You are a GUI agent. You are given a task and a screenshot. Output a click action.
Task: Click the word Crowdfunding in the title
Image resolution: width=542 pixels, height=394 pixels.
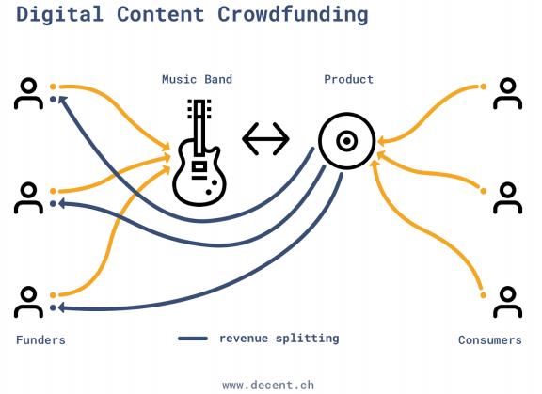[293, 15]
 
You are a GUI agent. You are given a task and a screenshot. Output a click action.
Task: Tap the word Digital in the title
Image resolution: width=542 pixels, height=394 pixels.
[59, 15]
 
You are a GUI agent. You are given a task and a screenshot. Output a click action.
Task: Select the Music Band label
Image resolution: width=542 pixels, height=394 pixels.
[197, 79]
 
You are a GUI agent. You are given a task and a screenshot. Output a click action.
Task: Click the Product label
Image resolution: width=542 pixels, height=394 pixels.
[348, 79]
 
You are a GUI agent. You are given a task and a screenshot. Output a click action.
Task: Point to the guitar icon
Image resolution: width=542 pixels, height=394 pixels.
[199, 152]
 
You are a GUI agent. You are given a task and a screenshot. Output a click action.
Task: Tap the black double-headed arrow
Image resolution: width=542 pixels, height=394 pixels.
[265, 139]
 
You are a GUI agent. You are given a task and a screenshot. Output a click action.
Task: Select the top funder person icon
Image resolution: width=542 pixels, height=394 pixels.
[28, 94]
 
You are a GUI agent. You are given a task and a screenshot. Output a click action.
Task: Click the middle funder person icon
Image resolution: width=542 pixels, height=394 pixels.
[28, 197]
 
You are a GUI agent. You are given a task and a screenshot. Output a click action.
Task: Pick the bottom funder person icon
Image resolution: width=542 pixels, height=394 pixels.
[28, 302]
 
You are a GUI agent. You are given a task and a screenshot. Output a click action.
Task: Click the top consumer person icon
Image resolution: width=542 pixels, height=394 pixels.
[507, 94]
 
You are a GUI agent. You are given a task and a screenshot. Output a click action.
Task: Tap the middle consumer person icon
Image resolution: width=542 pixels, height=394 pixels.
[507, 197]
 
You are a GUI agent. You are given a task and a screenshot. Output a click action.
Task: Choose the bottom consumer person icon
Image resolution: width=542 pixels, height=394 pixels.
[507, 302]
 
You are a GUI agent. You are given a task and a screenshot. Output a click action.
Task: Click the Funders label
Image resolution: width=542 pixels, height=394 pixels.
[40, 340]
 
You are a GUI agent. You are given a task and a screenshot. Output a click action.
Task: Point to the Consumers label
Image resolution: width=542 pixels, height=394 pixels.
[490, 340]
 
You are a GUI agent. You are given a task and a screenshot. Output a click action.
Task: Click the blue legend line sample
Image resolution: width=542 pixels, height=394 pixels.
[193, 339]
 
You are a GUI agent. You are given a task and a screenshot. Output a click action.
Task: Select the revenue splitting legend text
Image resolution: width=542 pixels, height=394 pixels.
[279, 339]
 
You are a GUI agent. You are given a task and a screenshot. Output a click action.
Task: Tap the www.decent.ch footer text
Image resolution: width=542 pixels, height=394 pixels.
[268, 385]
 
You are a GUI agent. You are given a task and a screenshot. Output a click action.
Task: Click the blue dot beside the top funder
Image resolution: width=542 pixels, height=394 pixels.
[53, 100]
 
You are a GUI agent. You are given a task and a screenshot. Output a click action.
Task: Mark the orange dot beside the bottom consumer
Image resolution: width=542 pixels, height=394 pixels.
[484, 295]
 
